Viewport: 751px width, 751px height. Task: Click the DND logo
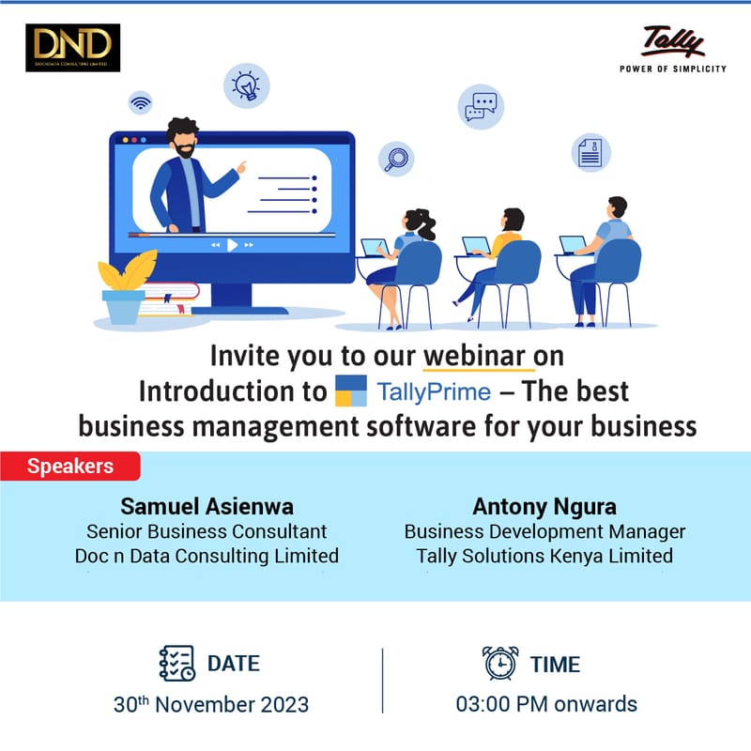point(73,47)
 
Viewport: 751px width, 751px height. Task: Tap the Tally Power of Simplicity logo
point(672,49)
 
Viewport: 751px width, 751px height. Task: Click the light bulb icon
point(246,85)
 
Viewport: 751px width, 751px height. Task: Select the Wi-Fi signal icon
point(141,101)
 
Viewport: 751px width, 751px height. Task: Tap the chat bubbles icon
point(481,106)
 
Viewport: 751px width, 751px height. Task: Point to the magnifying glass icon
point(396,158)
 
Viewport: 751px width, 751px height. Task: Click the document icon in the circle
point(590,151)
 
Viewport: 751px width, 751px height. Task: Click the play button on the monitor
point(232,245)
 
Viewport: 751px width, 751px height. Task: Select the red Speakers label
point(70,465)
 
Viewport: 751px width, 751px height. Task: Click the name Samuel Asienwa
point(207,507)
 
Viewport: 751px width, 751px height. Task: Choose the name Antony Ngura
point(544,507)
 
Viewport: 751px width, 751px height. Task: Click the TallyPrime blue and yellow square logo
point(350,391)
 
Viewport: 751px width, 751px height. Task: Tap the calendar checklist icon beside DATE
point(176,663)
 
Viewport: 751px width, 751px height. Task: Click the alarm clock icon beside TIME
point(499,663)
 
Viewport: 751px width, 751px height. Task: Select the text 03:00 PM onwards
point(546,703)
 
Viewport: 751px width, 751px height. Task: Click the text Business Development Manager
point(544,531)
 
